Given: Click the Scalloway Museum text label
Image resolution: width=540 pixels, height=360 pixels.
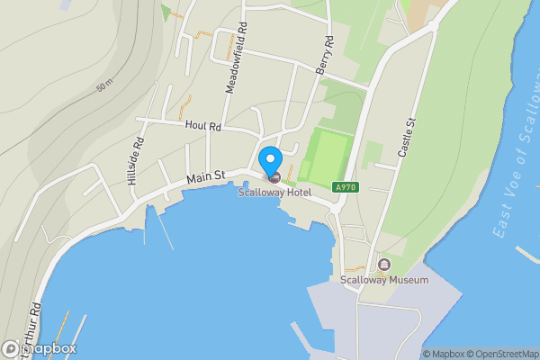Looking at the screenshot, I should coord(384,280).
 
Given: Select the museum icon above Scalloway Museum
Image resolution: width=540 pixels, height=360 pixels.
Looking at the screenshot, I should coord(384,265).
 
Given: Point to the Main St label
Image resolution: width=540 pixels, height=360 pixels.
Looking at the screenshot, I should coord(205,177).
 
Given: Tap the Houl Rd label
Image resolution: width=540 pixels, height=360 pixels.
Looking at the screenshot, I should coord(202,127).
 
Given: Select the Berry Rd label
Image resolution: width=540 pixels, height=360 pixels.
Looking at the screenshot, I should coord(325,55).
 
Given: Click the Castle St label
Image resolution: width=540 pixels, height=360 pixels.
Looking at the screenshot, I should coord(406,139).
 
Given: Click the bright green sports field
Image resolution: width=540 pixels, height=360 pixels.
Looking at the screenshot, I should coord(327,155).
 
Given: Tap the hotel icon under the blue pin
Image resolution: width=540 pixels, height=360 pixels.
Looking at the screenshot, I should coord(274,176).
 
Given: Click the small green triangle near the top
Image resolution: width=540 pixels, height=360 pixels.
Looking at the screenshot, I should coord(165,12).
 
